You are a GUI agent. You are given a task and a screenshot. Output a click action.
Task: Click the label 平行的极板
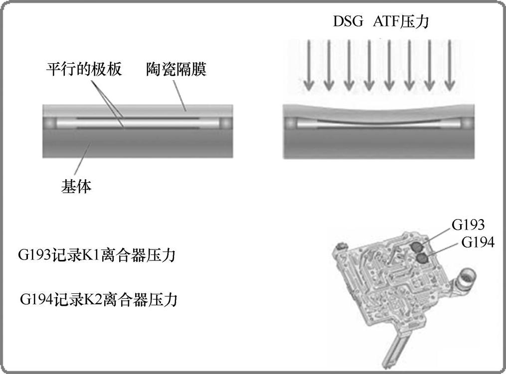[x=84, y=69]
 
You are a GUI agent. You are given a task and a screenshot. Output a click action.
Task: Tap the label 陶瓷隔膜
[x=176, y=69]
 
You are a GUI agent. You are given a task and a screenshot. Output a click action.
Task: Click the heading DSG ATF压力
[x=381, y=21]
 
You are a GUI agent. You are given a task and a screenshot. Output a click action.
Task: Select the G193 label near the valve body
[x=468, y=225]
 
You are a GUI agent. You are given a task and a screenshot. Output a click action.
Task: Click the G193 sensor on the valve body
[x=416, y=246]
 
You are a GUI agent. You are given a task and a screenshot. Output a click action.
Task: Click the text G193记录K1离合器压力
[x=96, y=256]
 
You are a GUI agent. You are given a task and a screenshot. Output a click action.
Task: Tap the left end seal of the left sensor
[x=50, y=123]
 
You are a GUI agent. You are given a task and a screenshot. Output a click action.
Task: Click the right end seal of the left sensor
[x=225, y=123]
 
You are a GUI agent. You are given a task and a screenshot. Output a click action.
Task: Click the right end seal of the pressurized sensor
[x=466, y=123]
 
